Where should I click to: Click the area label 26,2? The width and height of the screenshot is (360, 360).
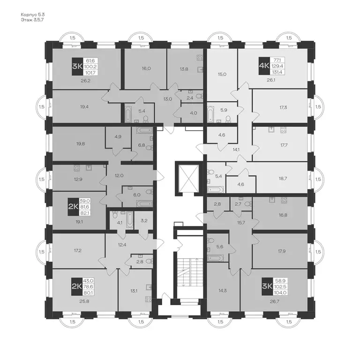pos(85,81)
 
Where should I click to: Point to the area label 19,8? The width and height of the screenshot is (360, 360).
pos(81,144)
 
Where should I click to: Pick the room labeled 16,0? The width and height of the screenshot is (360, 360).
pos(146,68)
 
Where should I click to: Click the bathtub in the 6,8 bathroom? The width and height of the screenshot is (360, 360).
pos(145,130)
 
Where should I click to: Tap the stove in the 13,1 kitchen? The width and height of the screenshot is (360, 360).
pos(148,299)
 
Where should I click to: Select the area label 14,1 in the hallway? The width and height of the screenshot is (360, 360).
pos(236,149)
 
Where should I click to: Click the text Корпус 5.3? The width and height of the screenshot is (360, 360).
pos(33,15)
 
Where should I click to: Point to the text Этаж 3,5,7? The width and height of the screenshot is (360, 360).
pos(32,20)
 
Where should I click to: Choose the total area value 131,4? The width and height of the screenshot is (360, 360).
pos(278,72)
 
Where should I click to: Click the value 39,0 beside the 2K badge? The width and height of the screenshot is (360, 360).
pos(85,201)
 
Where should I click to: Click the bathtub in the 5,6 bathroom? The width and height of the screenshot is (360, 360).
pos(215,258)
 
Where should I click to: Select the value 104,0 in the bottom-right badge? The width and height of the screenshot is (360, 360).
pos(280,292)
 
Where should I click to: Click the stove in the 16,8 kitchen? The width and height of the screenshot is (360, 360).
pos(283,200)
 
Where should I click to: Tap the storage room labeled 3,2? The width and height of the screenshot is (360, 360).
pos(144,220)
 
